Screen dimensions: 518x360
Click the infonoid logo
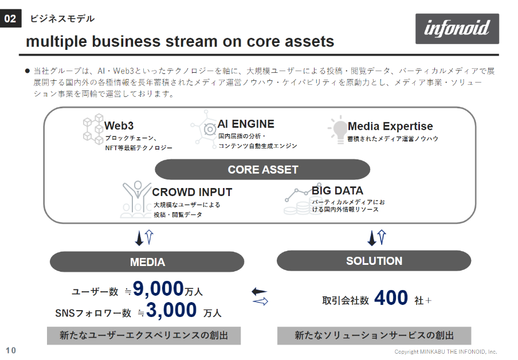tap(457, 29)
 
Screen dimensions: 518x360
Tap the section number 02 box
tap(10, 18)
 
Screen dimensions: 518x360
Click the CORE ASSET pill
tap(262, 170)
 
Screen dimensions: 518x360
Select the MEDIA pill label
tap(147, 262)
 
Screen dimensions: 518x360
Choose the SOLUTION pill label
tap(374, 261)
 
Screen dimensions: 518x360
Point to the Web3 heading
tap(119, 126)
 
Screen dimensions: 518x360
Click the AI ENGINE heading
tap(246, 124)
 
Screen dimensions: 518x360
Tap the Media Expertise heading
tap(390, 126)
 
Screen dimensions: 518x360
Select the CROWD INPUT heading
tap(192, 192)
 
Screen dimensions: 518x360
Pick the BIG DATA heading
tap(338, 191)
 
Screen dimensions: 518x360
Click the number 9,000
tap(158, 288)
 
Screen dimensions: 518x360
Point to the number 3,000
tap(171, 310)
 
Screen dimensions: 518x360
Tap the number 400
tap(391, 298)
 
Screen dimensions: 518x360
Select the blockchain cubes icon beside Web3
tap(93, 129)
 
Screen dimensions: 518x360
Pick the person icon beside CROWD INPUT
tap(136, 199)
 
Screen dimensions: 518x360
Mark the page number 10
tap(11, 350)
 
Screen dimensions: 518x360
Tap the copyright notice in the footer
tap(446, 352)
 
